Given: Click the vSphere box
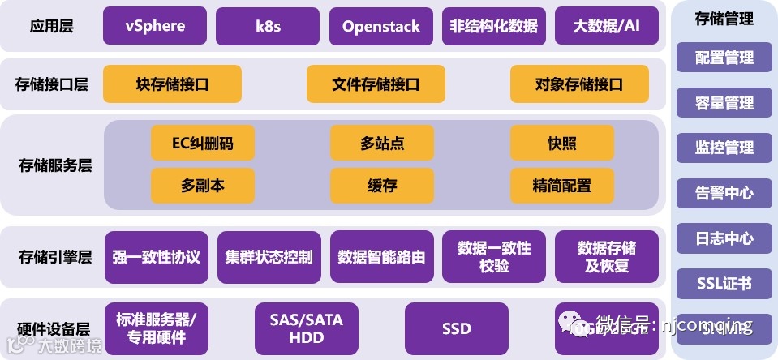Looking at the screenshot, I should [155, 26].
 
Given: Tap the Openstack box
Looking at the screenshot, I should [380, 26].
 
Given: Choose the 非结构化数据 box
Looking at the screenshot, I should [493, 26].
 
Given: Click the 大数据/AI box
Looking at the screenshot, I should [606, 26].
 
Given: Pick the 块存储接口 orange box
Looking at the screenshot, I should [172, 84].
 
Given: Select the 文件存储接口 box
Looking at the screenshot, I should [376, 84].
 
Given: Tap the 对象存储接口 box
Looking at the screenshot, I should [579, 84].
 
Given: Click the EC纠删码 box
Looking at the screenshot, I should [202, 144].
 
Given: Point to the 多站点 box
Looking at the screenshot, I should [382, 144].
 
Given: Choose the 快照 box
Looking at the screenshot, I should [561, 144].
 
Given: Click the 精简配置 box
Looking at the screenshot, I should [561, 186].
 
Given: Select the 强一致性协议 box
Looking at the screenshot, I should [157, 257].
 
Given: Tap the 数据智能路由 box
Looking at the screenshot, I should [381, 257].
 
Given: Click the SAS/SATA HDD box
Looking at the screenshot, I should [306, 328].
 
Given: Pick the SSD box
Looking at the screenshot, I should [456, 328].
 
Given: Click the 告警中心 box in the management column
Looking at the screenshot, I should [724, 193].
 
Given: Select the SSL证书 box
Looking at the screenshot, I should [724, 284].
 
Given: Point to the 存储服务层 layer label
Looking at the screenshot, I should [55, 165].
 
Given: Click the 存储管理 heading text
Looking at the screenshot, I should [724, 19].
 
